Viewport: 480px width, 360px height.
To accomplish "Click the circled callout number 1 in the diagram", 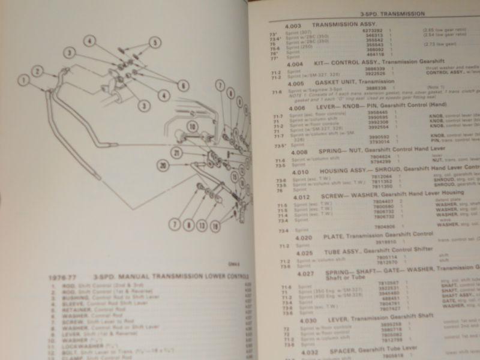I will coord(24,79).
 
